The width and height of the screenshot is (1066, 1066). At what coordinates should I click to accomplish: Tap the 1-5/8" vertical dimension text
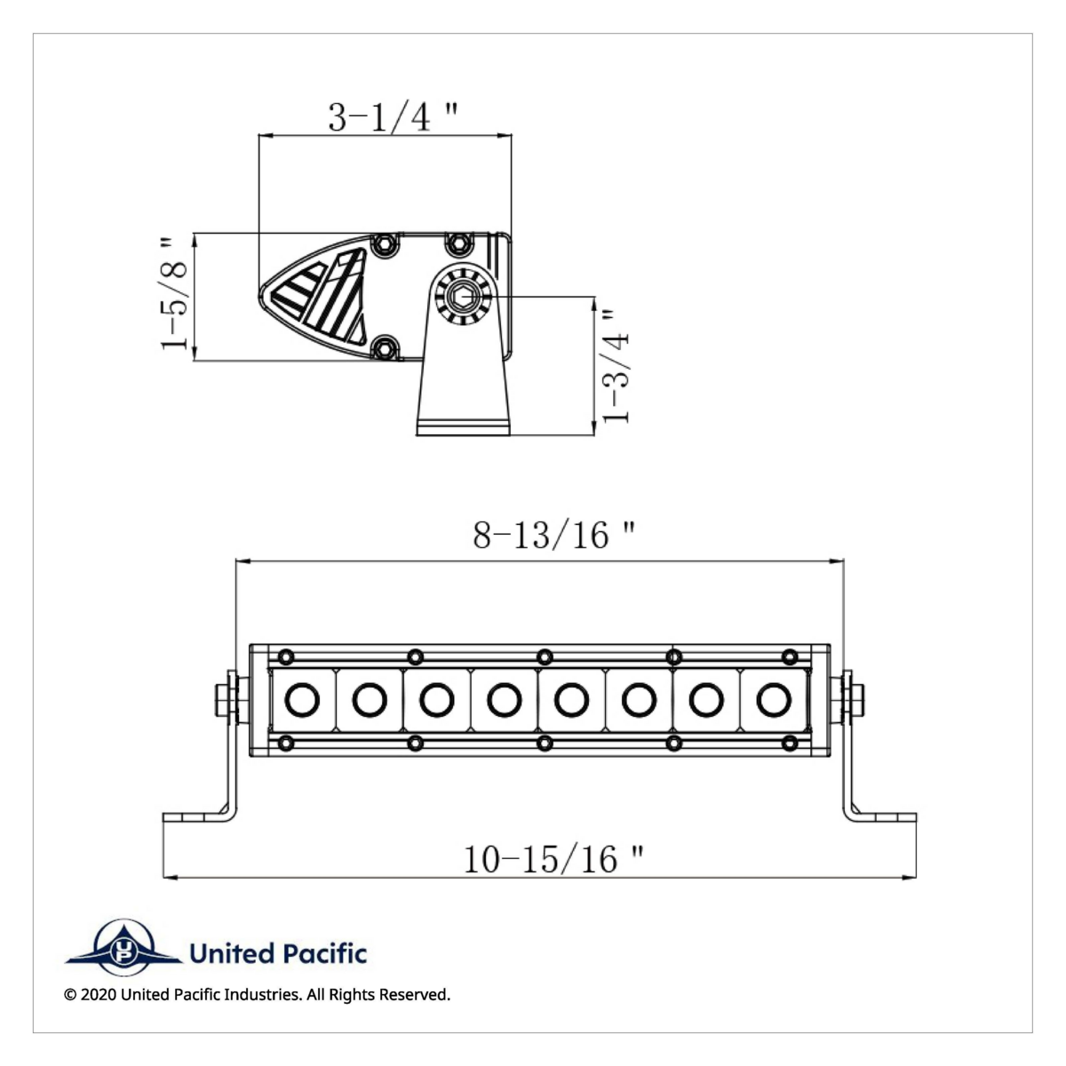pyautogui.click(x=176, y=293)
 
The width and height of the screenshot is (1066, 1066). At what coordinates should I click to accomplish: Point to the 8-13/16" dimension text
pyautogui.click(x=553, y=535)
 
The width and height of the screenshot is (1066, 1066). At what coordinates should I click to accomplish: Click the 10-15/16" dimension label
pyautogui.click(x=553, y=859)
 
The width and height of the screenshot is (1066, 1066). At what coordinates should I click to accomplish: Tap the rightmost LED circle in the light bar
pyautogui.click(x=774, y=700)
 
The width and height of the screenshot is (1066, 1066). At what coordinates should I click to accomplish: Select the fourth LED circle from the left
pyautogui.click(x=504, y=700)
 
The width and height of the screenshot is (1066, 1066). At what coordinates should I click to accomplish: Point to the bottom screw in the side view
pyautogui.click(x=385, y=348)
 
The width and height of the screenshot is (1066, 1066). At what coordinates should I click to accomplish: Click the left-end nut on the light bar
pyautogui.click(x=223, y=699)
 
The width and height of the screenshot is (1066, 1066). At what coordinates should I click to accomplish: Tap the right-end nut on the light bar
pyautogui.click(x=856, y=699)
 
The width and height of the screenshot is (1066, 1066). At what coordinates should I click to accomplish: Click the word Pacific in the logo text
pyautogui.click(x=324, y=954)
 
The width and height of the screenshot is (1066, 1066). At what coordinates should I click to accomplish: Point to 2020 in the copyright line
pyautogui.click(x=98, y=995)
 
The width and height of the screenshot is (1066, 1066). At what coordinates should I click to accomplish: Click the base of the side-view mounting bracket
pyautogui.click(x=463, y=426)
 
